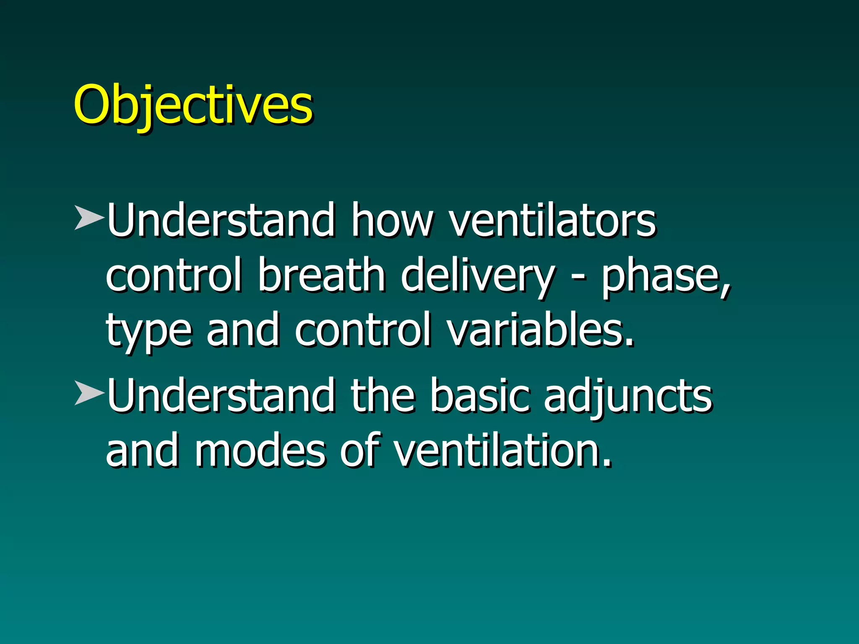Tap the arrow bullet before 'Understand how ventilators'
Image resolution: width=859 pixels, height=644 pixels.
89,217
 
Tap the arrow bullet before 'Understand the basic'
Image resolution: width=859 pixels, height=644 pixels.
89,392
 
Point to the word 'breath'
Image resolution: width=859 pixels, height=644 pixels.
321,275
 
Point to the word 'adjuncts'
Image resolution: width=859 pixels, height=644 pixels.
628,397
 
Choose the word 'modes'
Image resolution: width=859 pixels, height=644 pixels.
260,451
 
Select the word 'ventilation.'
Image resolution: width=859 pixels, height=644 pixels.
503,451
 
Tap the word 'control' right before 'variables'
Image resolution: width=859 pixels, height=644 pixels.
363,330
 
